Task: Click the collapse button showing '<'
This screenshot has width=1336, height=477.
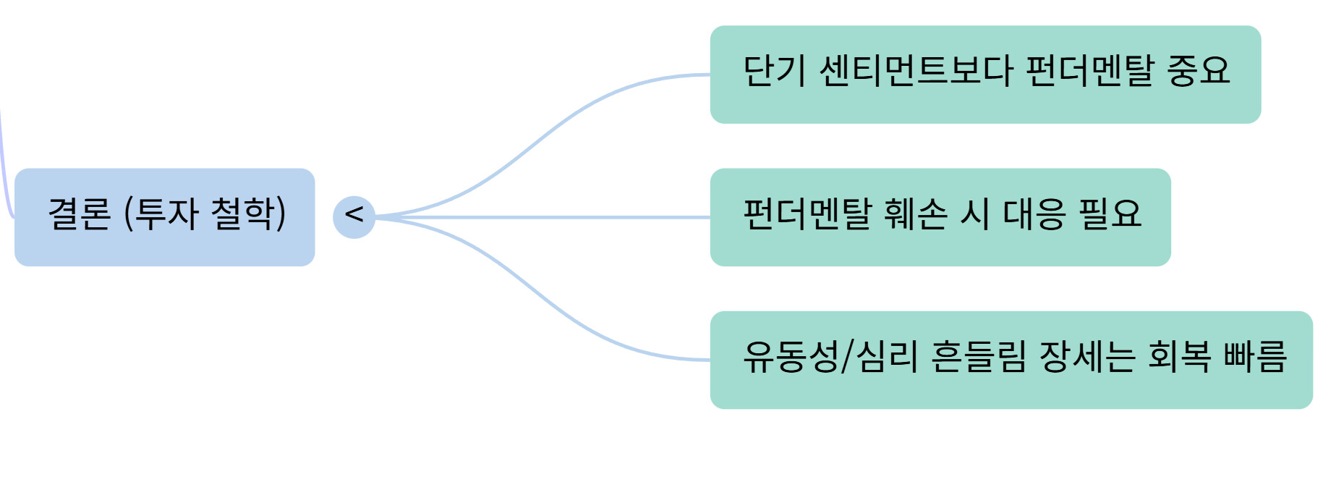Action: [354, 216]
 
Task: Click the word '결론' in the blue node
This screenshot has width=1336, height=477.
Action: [79, 214]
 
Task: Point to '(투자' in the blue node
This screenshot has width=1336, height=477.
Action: [161, 214]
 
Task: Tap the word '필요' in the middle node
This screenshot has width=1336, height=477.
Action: [1110, 214]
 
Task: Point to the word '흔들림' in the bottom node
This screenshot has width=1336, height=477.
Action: [978, 357]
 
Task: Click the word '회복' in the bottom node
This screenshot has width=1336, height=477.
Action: [1179, 357]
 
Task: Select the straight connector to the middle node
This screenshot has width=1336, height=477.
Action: [543, 217]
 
